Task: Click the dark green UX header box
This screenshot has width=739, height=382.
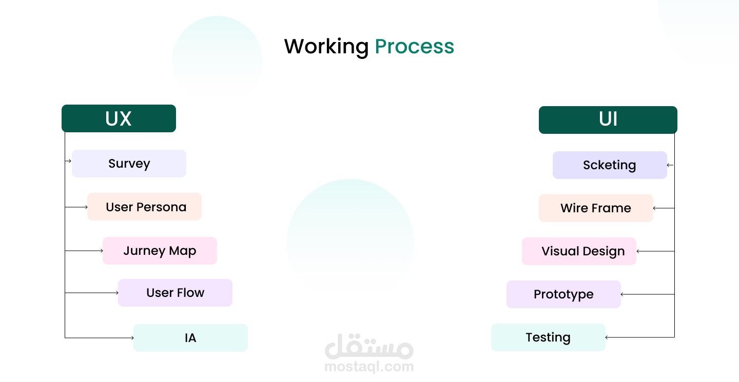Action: pyautogui.click(x=119, y=118)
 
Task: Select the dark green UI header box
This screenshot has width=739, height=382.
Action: pyautogui.click(x=608, y=119)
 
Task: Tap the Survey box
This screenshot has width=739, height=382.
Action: pyautogui.click(x=129, y=164)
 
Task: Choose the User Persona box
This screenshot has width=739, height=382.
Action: pyautogui.click(x=145, y=207)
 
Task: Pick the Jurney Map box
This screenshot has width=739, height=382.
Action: pyautogui.click(x=160, y=251)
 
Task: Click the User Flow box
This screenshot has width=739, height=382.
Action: pyautogui.click(x=175, y=293)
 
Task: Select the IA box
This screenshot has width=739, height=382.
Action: pyautogui.click(x=191, y=338)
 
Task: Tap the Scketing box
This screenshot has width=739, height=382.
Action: pyautogui.click(x=610, y=165)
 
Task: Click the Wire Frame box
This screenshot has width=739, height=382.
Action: pyautogui.click(x=596, y=208)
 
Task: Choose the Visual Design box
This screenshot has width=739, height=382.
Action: pyautogui.click(x=579, y=251)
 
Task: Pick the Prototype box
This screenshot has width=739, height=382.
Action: pyautogui.click(x=563, y=294)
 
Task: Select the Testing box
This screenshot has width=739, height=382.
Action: pyautogui.click(x=548, y=337)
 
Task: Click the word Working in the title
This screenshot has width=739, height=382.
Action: pyautogui.click(x=326, y=47)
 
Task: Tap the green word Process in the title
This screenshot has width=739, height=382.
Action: pyautogui.click(x=414, y=47)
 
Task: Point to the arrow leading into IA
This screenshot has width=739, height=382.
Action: pyautogui.click(x=100, y=337)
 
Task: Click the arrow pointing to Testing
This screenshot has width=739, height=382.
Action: pyautogui.click(x=640, y=337)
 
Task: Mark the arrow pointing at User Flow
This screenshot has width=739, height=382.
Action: pyautogui.click(x=92, y=293)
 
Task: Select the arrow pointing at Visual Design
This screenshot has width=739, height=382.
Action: pyautogui.click(x=655, y=251)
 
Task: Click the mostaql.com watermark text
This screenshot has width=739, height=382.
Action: pyautogui.click(x=369, y=367)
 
